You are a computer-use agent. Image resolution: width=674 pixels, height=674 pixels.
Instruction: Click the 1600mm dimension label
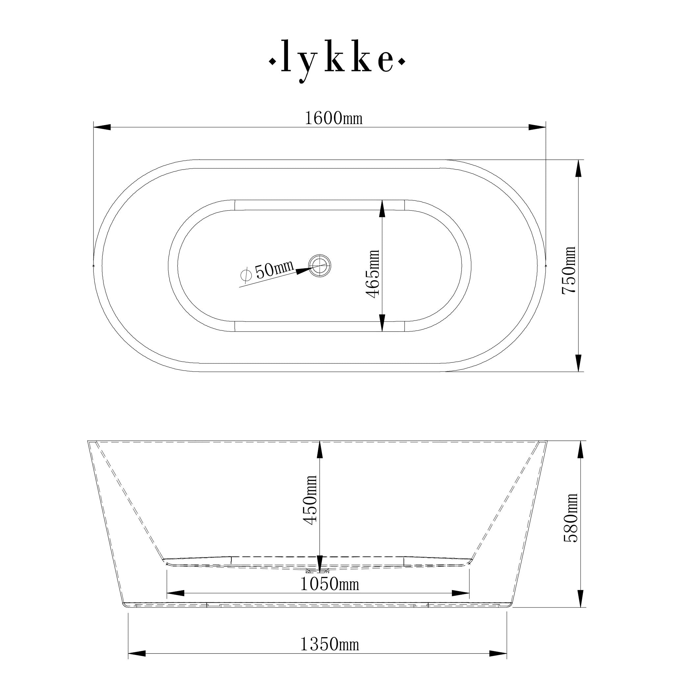tap(333, 118)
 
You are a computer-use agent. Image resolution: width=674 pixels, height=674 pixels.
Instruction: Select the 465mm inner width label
tap(372, 274)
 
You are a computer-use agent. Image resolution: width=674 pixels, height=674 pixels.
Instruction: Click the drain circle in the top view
tap(319, 266)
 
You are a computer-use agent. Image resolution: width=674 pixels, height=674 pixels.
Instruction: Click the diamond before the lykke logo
tap(272, 62)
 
